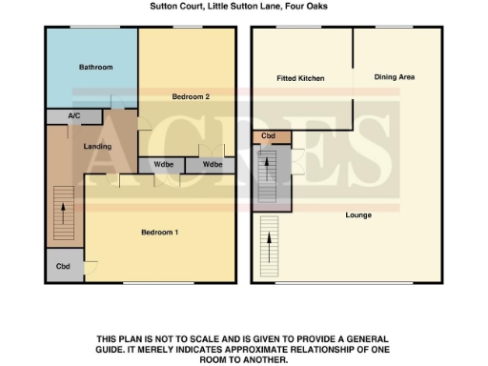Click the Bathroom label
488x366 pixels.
[95, 67]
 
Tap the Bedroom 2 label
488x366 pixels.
[191, 96]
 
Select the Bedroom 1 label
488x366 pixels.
[160, 234]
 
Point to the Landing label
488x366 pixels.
[97, 147]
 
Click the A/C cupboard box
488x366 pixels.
[74, 116]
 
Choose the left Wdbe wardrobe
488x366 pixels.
[161, 165]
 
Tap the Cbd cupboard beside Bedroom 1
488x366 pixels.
[63, 266]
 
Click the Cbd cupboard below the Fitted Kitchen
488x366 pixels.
[268, 137]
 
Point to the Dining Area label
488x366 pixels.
[394, 76]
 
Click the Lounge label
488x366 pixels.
[358, 214]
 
